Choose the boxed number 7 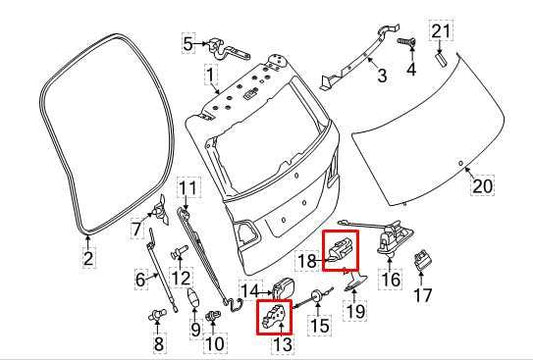pos(137,230)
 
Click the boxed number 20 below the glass pos(483,186)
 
